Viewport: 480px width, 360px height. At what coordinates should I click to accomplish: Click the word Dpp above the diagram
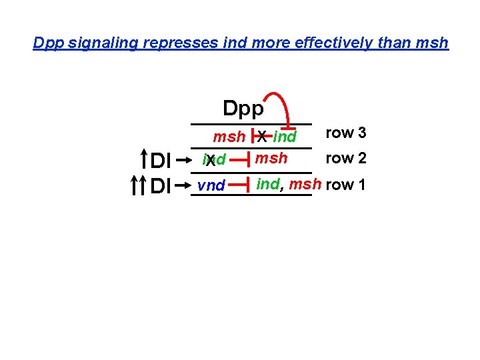243,108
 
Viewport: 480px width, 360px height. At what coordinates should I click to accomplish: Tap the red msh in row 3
229,137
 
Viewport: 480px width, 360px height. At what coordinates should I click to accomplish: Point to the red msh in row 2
272,159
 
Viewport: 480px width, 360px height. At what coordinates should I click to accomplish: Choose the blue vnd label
211,186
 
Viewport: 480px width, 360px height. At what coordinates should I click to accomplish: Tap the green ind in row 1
268,184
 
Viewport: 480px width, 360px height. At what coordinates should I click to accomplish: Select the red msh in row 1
305,184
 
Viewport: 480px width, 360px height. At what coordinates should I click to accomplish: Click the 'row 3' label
346,133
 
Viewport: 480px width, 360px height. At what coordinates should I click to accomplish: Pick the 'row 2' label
346,159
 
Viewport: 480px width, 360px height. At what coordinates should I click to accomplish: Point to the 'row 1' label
346,185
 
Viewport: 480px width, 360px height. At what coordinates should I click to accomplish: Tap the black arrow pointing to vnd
185,185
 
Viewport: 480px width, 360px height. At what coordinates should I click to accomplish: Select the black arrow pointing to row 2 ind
185,160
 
